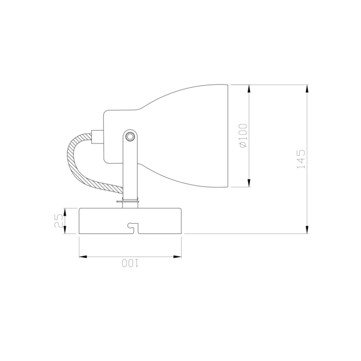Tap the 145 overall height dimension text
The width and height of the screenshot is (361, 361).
click(300, 159)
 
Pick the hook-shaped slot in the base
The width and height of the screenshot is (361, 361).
click(132, 227)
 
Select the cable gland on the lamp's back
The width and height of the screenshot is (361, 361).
click(97, 136)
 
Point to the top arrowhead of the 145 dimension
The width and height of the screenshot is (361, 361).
click(307, 88)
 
